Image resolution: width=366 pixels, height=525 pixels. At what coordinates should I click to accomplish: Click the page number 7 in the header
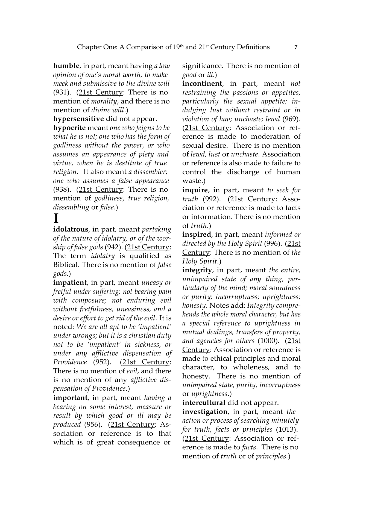[295, 47]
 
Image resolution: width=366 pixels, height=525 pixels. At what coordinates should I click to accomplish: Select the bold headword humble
[66, 66]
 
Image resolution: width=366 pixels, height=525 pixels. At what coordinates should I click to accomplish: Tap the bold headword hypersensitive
[78, 119]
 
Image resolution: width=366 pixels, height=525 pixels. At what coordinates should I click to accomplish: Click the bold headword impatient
[70, 283]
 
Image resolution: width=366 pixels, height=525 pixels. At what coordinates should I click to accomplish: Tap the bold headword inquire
[195, 190]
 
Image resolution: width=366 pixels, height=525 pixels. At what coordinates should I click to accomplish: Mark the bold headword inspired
[197, 235]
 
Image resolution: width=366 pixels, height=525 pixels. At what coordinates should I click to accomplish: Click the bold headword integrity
[197, 270]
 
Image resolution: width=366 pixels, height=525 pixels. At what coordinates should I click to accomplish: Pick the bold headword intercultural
[204, 403]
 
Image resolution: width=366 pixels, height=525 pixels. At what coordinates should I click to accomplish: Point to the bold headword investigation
[205, 412]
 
